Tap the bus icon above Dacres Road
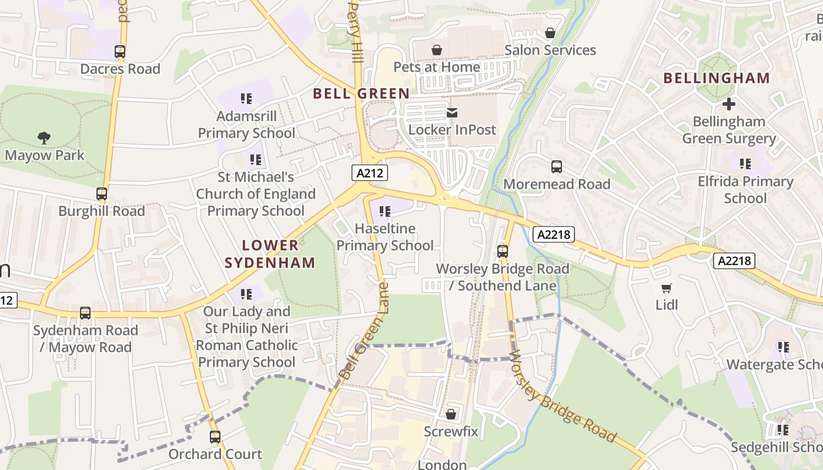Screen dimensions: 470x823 pyautogui.click(x=120, y=52)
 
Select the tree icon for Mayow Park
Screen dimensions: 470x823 pyautogui.click(x=44, y=138)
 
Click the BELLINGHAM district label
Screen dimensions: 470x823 pyautogui.click(x=717, y=78)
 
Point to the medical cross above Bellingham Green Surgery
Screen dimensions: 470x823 pyautogui.click(x=729, y=104)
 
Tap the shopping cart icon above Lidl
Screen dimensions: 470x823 pyautogui.click(x=666, y=288)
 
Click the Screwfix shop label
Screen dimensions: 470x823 pyautogui.click(x=451, y=432)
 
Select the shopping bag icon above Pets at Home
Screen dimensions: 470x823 pyautogui.click(x=437, y=50)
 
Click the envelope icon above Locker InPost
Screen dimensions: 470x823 pyautogui.click(x=452, y=112)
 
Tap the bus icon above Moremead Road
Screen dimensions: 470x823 pyautogui.click(x=557, y=167)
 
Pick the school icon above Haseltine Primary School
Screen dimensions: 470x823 pyautogui.click(x=385, y=211)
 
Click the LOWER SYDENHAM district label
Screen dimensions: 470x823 pyautogui.click(x=270, y=254)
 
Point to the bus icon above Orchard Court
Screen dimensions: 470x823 pyautogui.click(x=215, y=437)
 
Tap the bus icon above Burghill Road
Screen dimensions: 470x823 pyautogui.click(x=102, y=194)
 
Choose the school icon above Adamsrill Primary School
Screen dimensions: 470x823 pyautogui.click(x=246, y=99)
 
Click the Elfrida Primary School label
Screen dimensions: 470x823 pyautogui.click(x=745, y=190)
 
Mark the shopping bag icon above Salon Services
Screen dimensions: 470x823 pyautogui.click(x=550, y=33)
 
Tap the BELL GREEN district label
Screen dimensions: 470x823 pyautogui.click(x=361, y=93)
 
